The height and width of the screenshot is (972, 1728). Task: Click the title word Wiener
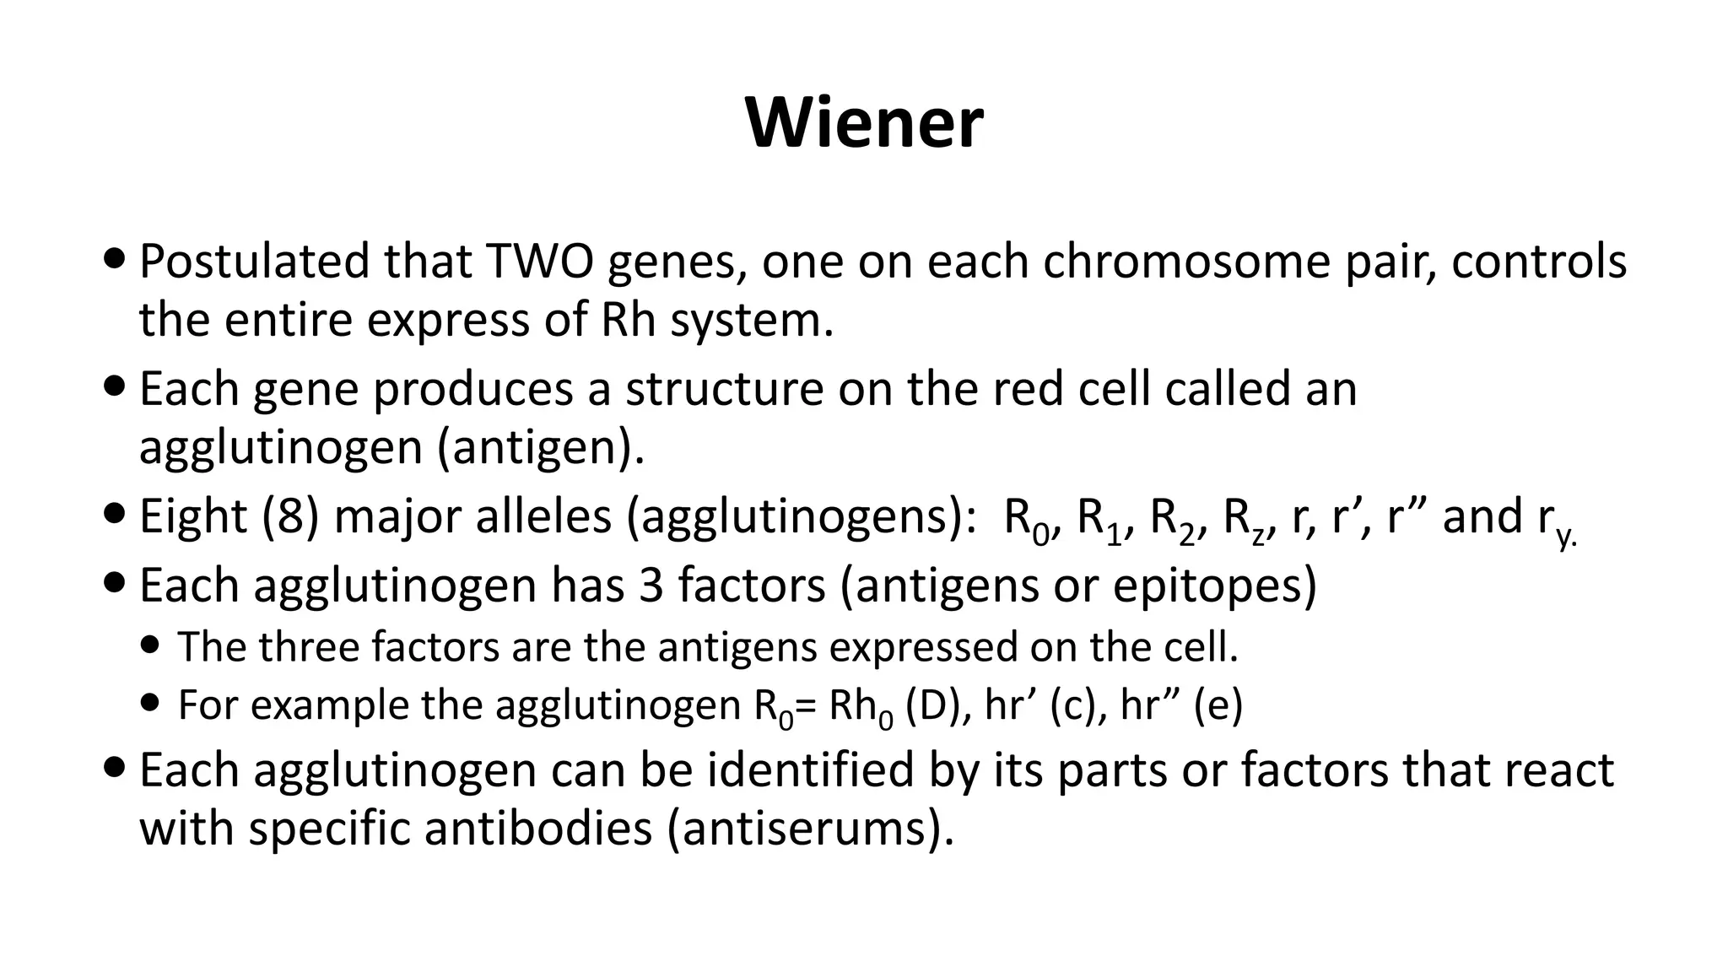click(x=864, y=123)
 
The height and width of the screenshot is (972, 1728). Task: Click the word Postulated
click(x=254, y=261)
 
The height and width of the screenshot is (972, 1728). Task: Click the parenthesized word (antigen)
click(x=541, y=448)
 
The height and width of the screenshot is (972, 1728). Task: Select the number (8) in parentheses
click(x=291, y=516)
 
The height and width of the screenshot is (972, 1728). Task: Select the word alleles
click(x=543, y=516)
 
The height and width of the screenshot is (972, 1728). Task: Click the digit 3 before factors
click(x=651, y=585)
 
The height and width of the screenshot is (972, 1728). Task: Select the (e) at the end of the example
click(x=1218, y=705)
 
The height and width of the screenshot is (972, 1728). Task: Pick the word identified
click(x=810, y=769)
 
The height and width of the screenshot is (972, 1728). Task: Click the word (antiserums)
click(x=810, y=829)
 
